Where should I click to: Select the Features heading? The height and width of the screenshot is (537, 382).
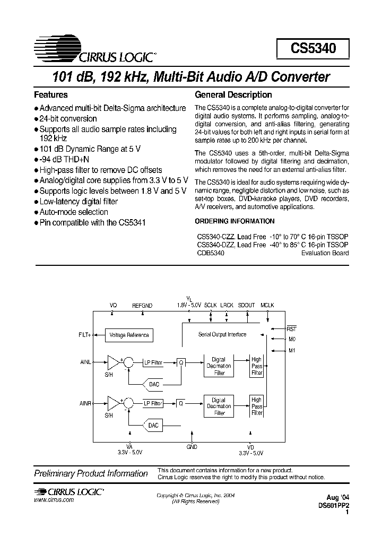click(51, 95)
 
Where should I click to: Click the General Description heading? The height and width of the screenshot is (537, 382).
click(233, 95)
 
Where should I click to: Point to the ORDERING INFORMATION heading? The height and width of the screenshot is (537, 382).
click(235, 221)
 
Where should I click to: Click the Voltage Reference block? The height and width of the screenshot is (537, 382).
click(129, 335)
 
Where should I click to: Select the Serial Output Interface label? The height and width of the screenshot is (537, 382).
click(222, 334)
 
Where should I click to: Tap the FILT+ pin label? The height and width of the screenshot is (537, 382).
click(84, 335)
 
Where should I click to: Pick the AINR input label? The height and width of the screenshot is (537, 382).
click(85, 403)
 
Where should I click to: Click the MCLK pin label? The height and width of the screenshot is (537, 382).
click(267, 306)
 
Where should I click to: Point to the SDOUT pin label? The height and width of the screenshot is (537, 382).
click(247, 306)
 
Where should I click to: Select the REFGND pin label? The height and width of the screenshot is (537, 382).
click(142, 306)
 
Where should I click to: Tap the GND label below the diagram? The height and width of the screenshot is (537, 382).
click(192, 447)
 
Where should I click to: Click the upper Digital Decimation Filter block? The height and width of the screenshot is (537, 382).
click(219, 366)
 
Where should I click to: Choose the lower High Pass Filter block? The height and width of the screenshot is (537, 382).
click(257, 406)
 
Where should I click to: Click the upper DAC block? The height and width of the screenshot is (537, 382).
click(153, 384)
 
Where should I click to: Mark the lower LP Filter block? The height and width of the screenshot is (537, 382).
click(153, 403)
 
